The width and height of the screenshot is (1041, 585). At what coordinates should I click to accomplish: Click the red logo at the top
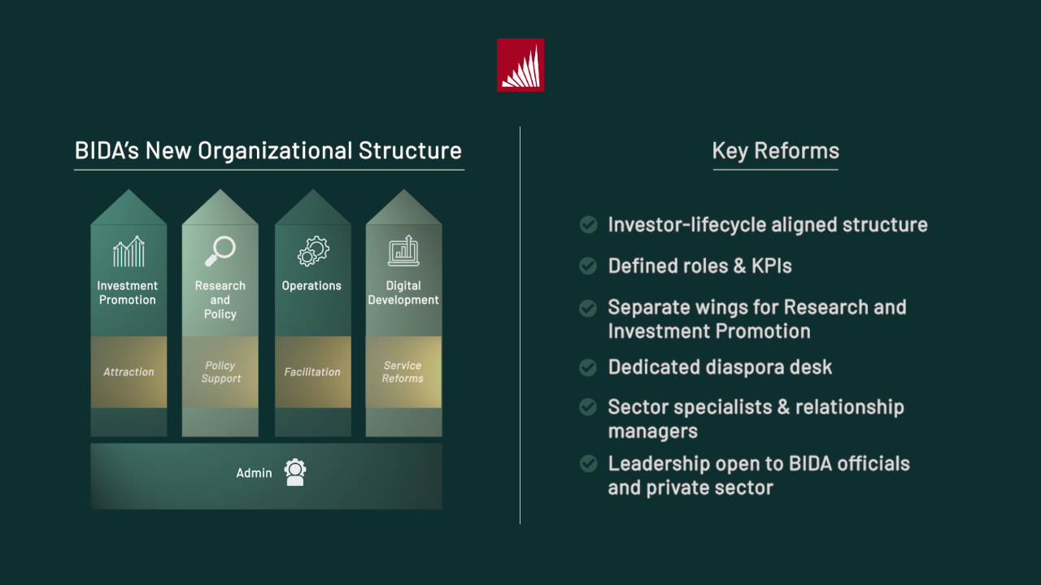click(520, 65)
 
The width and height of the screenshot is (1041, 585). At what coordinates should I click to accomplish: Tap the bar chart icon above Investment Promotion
click(128, 252)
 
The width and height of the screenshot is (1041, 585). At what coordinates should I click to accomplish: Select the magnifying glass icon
click(220, 251)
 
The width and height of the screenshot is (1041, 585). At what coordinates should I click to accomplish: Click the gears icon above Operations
click(312, 251)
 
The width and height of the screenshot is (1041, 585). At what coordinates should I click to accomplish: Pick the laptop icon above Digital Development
click(403, 251)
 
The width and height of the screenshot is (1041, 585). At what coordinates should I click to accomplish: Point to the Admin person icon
click(295, 472)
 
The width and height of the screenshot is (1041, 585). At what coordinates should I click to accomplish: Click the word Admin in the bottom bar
click(254, 473)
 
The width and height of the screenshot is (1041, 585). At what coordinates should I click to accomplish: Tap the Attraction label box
click(128, 372)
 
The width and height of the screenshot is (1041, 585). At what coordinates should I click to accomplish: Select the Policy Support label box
click(220, 372)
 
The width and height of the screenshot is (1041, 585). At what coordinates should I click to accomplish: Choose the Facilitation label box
click(312, 372)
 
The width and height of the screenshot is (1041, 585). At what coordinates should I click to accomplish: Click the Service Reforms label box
click(403, 372)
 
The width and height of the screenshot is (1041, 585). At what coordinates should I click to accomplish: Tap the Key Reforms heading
click(775, 151)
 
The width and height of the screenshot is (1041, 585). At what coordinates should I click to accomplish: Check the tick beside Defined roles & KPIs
click(588, 266)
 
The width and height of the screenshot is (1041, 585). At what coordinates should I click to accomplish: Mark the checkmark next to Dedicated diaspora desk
click(588, 367)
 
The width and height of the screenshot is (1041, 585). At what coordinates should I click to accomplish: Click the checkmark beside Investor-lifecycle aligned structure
click(588, 224)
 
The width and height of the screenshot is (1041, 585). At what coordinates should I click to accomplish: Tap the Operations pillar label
click(311, 286)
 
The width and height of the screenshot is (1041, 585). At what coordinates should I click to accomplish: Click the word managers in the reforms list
click(652, 431)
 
